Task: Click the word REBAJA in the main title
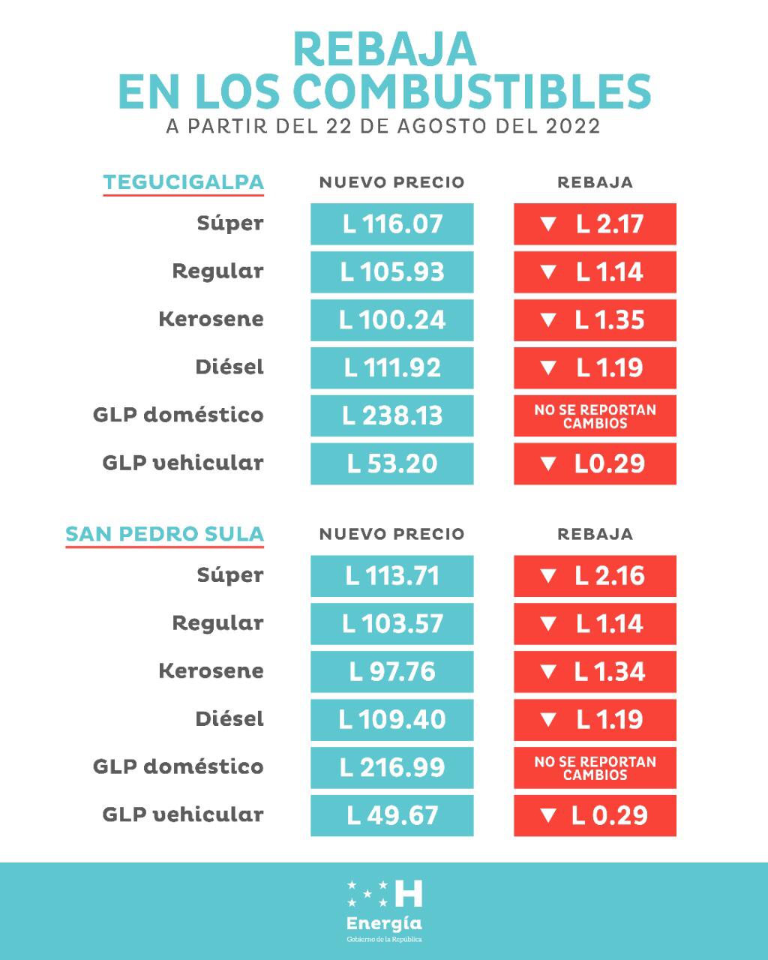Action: tap(384, 49)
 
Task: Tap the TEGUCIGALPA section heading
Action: tap(183, 182)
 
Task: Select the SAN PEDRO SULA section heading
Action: tap(164, 534)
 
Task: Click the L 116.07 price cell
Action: tap(392, 223)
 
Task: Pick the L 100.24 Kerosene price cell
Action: tap(392, 319)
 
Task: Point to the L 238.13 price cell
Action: tap(392, 415)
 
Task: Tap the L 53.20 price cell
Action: tap(392, 463)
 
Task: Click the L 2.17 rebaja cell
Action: tap(595, 223)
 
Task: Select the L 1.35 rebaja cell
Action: tap(595, 319)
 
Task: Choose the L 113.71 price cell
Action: tap(392, 576)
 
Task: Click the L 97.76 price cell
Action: tap(392, 671)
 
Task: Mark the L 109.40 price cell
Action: tap(392, 719)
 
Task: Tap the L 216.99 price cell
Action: tap(392, 767)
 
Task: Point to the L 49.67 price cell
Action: tap(392, 815)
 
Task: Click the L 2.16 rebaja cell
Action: tap(595, 576)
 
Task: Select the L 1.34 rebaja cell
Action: tap(595, 671)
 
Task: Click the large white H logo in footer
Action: tap(409, 893)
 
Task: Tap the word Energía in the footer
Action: tap(384, 923)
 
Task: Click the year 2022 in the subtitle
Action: tap(573, 125)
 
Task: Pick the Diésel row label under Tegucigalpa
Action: tap(229, 367)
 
